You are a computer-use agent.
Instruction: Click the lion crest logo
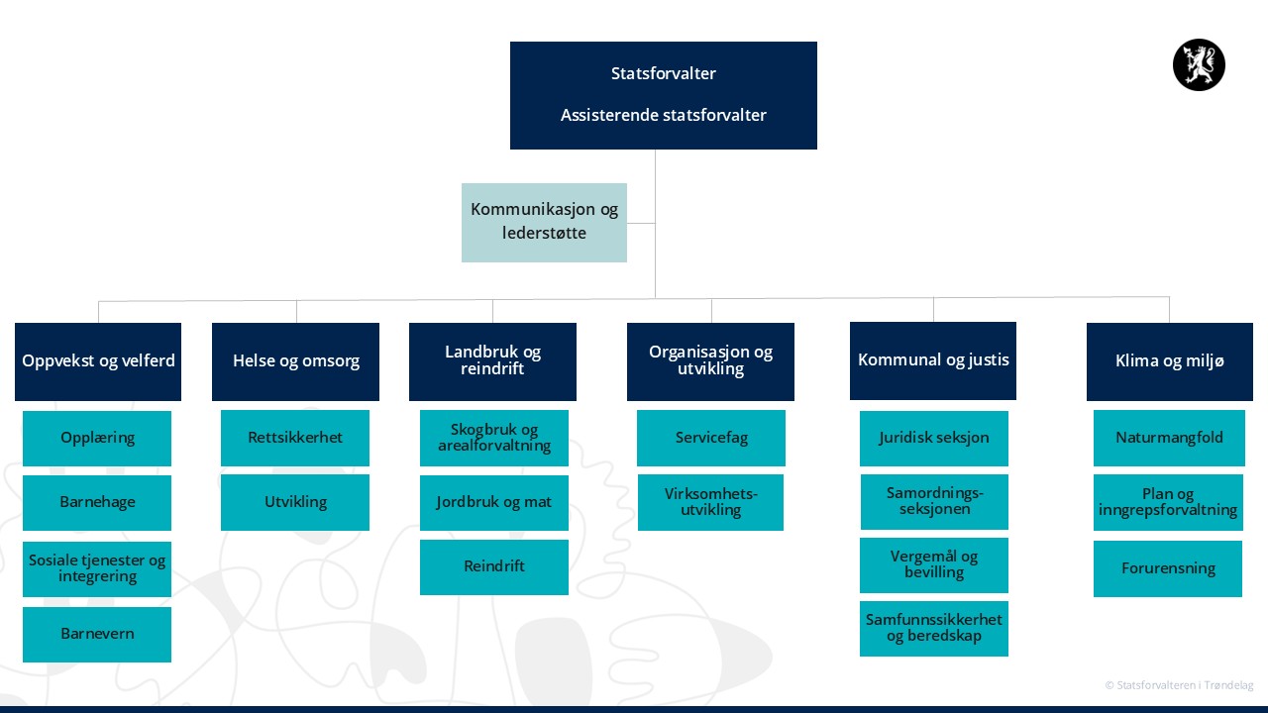[x=1199, y=64]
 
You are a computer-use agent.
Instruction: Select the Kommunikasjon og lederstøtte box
[x=544, y=223]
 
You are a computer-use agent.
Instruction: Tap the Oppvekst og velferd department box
[x=98, y=361]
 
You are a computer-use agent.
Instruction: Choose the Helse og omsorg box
[x=295, y=361]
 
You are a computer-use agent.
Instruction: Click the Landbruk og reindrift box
[x=492, y=361]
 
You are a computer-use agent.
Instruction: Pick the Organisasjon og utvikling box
[x=710, y=361]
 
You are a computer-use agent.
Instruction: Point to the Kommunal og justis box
[x=933, y=360]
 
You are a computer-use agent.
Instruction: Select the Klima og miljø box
[x=1170, y=361]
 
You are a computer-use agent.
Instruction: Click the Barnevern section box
[x=97, y=635]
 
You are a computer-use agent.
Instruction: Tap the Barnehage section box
[x=97, y=502]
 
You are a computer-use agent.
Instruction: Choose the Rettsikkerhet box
[x=295, y=438]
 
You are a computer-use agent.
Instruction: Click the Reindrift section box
[x=494, y=567]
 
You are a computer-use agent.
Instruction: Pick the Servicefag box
[x=711, y=438]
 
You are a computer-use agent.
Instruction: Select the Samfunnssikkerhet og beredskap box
[x=934, y=629]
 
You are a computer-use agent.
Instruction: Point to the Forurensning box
[x=1168, y=568]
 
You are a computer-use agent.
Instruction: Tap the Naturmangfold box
[x=1169, y=438]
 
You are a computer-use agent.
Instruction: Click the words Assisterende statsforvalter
[x=664, y=116]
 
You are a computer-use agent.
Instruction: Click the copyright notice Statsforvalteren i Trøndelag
[x=1179, y=685]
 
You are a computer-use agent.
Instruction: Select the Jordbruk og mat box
[x=494, y=502]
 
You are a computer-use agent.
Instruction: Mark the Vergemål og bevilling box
[x=934, y=564]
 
